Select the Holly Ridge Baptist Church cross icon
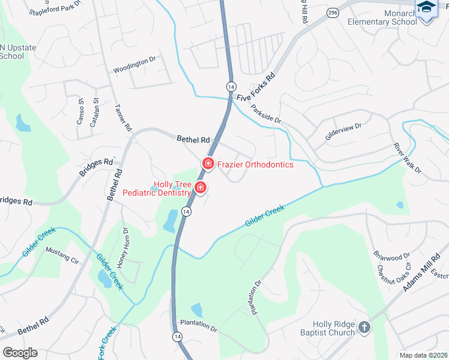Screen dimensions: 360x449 click(x=363, y=328)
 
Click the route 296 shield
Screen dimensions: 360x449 click(x=333, y=13)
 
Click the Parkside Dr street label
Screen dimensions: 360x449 click(x=267, y=115)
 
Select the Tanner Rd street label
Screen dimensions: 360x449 click(x=122, y=116)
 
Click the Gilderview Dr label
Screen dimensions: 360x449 click(x=343, y=131)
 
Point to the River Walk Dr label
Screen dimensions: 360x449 click(x=408, y=158)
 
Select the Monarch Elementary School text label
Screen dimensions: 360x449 click(x=382, y=17)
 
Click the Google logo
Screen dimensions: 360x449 click(x=20, y=352)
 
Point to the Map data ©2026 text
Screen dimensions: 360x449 click(x=423, y=355)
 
